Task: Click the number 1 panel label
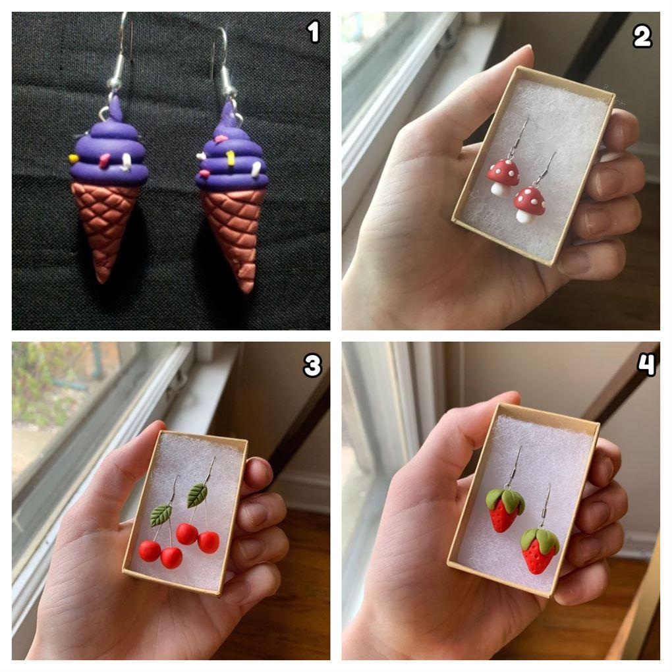pos(314,32)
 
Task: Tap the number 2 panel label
pos(642,36)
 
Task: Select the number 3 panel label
pos(312,366)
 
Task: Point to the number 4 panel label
pos(646,365)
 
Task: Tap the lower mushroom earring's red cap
pos(530,199)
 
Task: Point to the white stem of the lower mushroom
pos(523,215)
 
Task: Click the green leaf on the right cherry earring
pos(197,495)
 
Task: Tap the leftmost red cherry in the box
pos(150,551)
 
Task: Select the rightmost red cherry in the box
pos(209,542)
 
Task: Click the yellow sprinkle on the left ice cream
pos(73,159)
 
